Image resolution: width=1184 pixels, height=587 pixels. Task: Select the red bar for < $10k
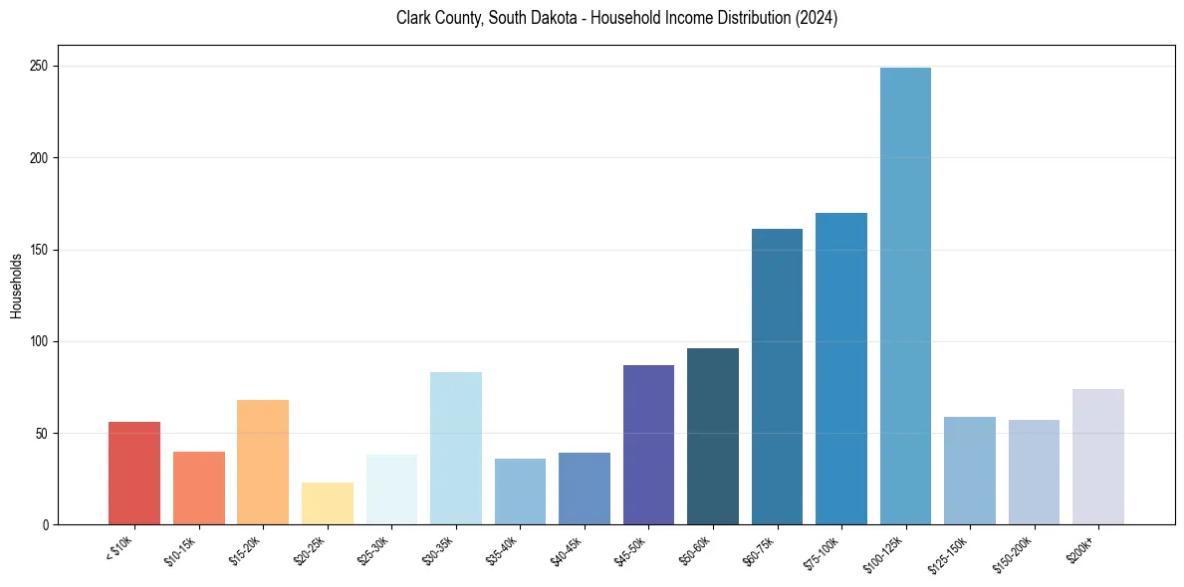134,474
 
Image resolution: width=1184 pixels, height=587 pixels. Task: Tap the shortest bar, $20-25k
328,503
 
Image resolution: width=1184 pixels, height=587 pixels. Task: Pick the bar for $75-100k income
841,368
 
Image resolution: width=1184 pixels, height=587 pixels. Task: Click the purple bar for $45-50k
648,445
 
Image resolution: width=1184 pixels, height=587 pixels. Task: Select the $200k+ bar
1098,457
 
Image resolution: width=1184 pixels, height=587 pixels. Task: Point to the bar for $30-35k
456,448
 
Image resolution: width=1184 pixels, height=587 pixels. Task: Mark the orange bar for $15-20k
263,462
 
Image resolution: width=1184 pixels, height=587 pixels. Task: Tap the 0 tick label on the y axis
46,525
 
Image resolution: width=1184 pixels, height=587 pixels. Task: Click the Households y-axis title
16,286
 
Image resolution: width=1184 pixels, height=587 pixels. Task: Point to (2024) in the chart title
815,19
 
